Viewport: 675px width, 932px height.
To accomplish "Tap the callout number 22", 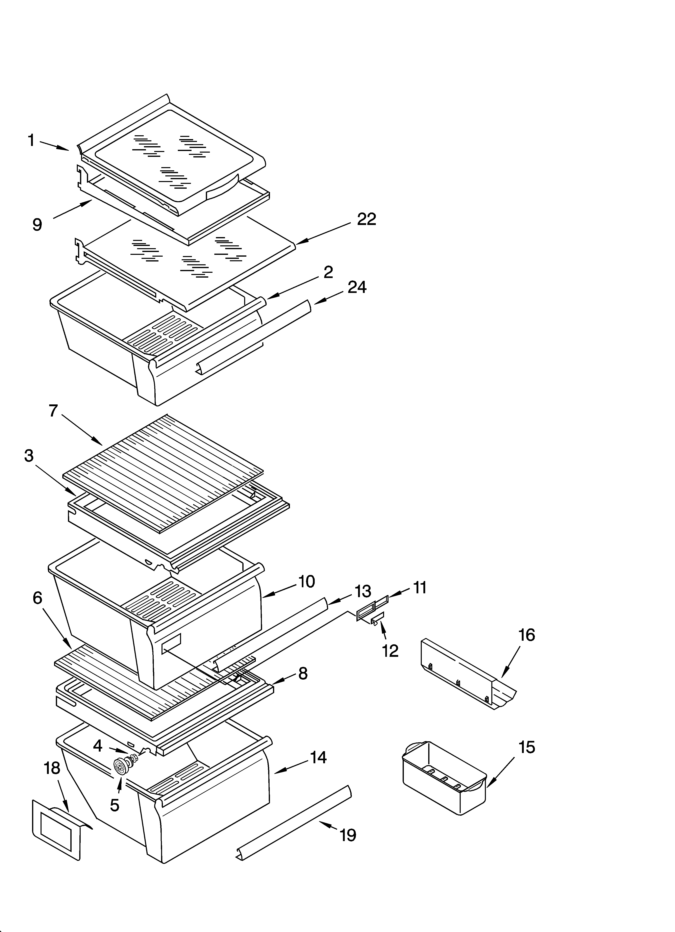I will coord(366,219).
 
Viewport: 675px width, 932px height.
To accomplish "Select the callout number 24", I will coord(357,287).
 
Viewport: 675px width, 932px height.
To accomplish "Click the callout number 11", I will coord(419,588).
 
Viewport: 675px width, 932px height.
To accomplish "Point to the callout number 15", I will coord(527,747).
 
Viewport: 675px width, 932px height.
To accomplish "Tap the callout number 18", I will coord(52,768).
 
